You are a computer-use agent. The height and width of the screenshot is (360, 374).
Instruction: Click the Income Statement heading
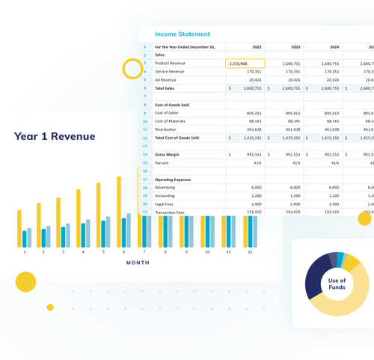[x=183, y=34]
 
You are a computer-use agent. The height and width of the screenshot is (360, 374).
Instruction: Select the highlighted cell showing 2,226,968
[x=245, y=64]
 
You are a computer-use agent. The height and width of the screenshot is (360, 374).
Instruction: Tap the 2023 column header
[x=295, y=46]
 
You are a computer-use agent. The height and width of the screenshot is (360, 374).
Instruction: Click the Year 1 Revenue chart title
[x=55, y=136]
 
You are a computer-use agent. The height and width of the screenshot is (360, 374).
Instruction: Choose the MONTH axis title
[x=137, y=263]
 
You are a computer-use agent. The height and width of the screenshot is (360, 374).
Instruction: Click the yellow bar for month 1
[x=19, y=228]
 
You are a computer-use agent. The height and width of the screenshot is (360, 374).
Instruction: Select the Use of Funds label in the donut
[x=337, y=284]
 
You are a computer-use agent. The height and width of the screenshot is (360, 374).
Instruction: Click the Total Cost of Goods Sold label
[x=177, y=138]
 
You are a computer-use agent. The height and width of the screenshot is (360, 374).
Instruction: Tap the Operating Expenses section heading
[x=173, y=180]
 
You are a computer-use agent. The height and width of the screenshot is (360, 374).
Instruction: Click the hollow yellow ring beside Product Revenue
[x=133, y=70]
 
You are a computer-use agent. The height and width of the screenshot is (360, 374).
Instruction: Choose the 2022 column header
[x=257, y=46]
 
